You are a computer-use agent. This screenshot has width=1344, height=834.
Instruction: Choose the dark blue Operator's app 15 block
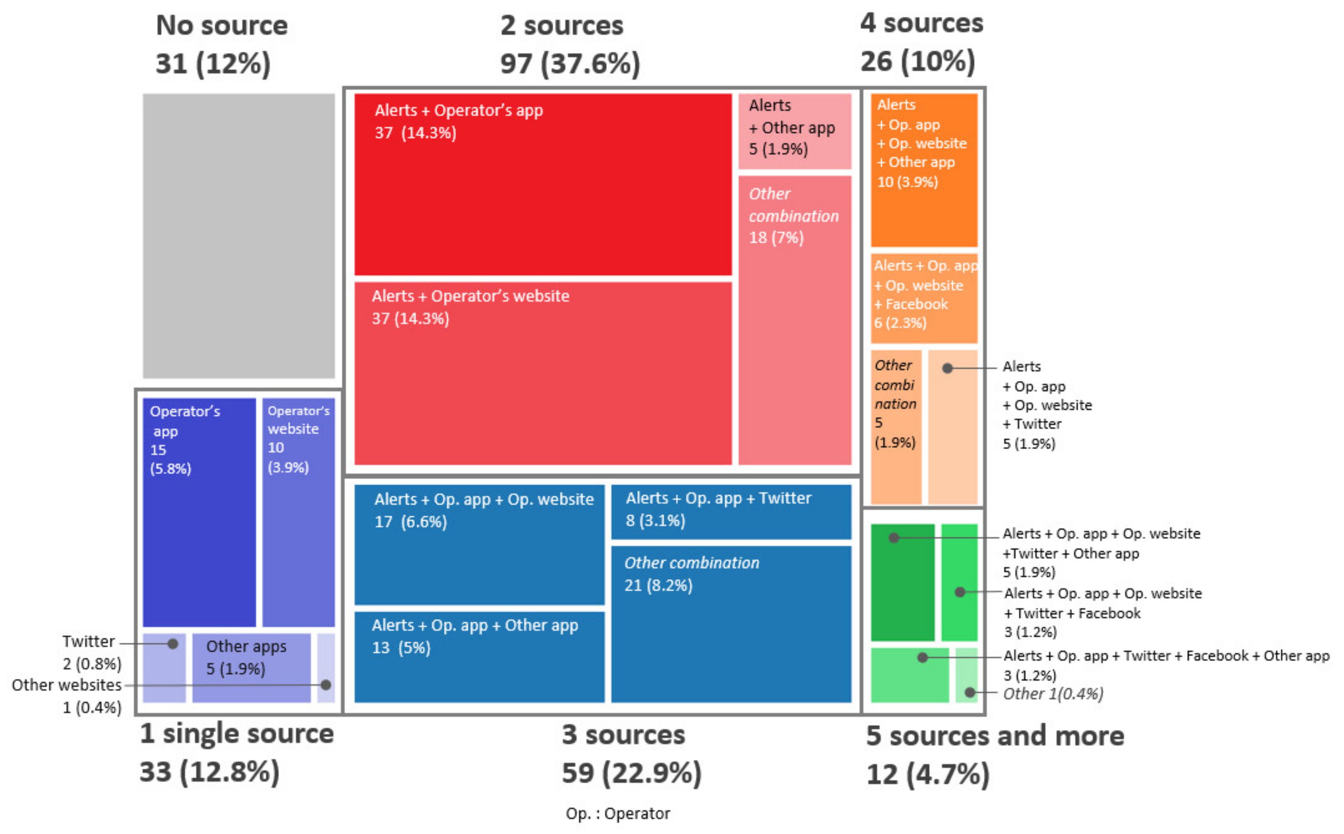click(199, 512)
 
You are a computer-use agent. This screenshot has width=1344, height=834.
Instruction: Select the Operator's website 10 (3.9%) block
click(298, 512)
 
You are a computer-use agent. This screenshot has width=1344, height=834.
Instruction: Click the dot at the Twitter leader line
click(173, 644)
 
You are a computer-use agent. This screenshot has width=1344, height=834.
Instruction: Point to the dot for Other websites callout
click(326, 685)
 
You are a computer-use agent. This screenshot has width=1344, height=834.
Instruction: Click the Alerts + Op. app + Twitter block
click(731, 511)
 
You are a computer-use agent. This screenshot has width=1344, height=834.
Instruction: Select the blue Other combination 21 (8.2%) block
click(731, 624)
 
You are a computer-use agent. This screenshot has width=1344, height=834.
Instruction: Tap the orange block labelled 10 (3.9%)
click(924, 170)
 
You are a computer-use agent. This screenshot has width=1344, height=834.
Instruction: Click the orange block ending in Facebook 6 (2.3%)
click(924, 298)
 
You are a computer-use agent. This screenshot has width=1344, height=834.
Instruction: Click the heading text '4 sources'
click(922, 23)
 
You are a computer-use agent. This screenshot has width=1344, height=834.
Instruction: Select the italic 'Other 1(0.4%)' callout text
click(1053, 694)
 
